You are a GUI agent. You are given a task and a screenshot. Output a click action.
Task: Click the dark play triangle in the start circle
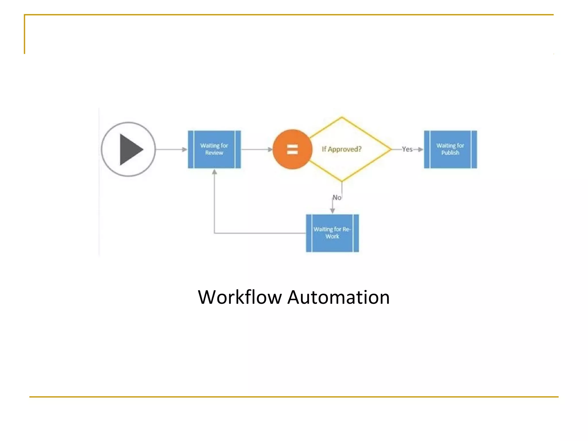pyautogui.click(x=130, y=149)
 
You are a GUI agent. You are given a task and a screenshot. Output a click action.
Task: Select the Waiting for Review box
pyautogui.click(x=214, y=149)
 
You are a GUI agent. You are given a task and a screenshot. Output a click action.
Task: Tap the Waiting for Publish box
pyautogui.click(x=450, y=149)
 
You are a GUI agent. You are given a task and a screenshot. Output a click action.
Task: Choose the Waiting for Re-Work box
pyautogui.click(x=332, y=233)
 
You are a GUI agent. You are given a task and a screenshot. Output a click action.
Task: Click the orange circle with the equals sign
pyautogui.click(x=292, y=149)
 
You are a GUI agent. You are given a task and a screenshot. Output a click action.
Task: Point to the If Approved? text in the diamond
pyautogui.click(x=341, y=149)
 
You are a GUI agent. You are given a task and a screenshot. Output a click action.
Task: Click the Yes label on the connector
pyautogui.click(x=407, y=149)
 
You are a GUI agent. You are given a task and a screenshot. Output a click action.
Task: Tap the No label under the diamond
pyautogui.click(x=337, y=198)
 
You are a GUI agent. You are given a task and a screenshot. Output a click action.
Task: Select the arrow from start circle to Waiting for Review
pyautogui.click(x=171, y=149)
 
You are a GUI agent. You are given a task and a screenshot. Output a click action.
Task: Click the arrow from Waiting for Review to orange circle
pyautogui.click(x=256, y=149)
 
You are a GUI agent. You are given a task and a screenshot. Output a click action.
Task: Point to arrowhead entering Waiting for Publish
pyautogui.click(x=421, y=149)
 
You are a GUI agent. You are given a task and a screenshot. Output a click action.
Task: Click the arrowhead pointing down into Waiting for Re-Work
pyautogui.click(x=332, y=211)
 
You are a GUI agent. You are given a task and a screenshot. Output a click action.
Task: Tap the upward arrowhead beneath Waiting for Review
pyautogui.click(x=214, y=172)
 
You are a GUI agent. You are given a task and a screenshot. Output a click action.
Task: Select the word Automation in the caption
pyautogui.click(x=339, y=297)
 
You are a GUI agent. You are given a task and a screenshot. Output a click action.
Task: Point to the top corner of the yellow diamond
pyautogui.click(x=342, y=117)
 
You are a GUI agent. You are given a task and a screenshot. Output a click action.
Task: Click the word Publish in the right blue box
pyautogui.click(x=450, y=153)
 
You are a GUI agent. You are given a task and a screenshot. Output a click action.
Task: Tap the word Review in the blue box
pyautogui.click(x=214, y=153)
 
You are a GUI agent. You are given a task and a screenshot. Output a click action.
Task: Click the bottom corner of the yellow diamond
pyautogui.click(x=342, y=181)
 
